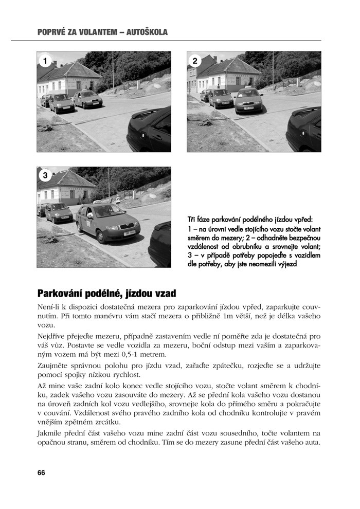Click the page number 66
pyautogui.click(x=41, y=472)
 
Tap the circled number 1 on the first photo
pyautogui.click(x=45, y=61)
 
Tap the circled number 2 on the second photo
pyautogui.click(x=195, y=61)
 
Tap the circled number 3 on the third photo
pyautogui.click(x=45, y=176)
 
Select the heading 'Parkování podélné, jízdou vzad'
pyautogui.click(x=107, y=294)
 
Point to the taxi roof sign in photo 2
pyautogui.click(x=248, y=88)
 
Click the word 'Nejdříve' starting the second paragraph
pyautogui.click(x=52, y=336)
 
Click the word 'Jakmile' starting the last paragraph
pyautogui.click(x=50, y=433)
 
